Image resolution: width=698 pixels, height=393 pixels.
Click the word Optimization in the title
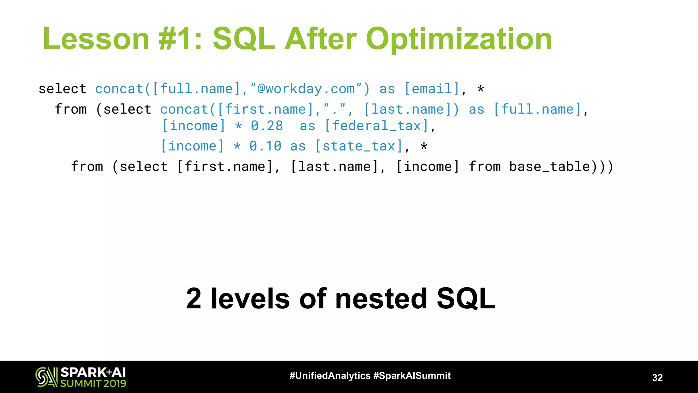458,39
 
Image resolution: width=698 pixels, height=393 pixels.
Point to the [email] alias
432,89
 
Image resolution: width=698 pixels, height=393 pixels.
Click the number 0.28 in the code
267,126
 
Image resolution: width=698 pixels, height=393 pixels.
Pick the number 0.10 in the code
265,146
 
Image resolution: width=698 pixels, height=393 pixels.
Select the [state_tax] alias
359,146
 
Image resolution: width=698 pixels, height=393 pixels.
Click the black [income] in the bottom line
428,167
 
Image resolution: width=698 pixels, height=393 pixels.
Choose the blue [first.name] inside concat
265,110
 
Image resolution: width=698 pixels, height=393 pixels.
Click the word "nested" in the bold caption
381,299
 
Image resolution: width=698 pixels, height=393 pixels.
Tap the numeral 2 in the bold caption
194,299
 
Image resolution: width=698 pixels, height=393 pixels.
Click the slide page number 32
657,378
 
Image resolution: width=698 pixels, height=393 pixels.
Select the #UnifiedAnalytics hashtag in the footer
330,376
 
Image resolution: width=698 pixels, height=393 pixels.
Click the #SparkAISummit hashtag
412,376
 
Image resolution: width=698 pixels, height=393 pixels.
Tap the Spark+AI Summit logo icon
46,377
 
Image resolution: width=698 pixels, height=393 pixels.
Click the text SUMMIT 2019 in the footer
93,383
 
